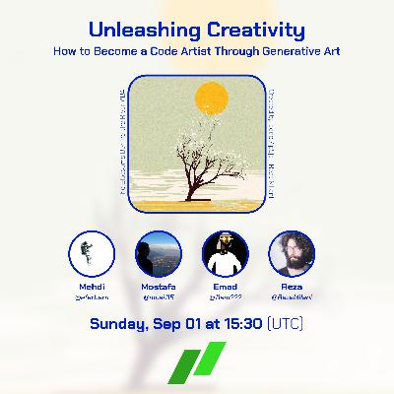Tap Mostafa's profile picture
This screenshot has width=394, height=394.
click(x=158, y=252)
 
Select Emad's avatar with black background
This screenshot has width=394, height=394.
click(x=224, y=252)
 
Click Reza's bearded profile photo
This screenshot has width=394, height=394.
click(x=291, y=252)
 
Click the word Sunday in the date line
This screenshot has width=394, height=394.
click(x=120, y=322)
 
